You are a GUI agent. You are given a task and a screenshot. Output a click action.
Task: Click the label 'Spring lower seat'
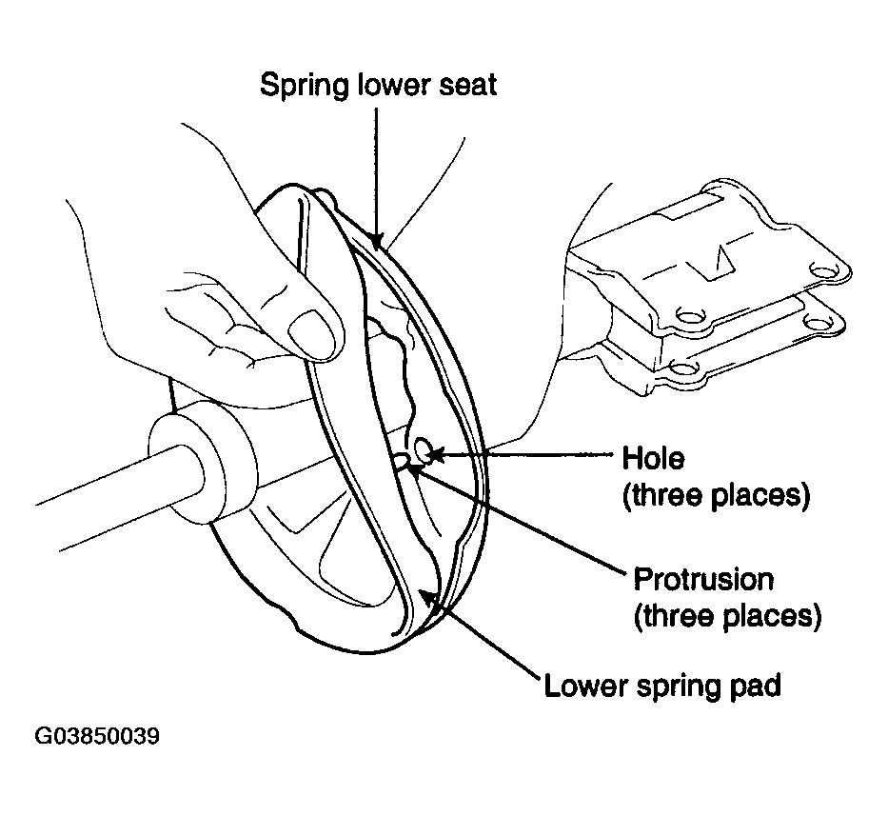click(378, 85)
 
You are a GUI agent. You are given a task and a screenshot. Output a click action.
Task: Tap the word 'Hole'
click(653, 458)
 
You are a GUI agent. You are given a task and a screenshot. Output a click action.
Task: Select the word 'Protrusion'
click(703, 579)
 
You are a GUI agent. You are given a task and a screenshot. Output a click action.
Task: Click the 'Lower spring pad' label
click(662, 686)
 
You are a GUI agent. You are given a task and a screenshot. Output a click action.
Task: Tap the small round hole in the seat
click(423, 450)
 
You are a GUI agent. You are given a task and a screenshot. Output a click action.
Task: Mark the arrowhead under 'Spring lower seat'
click(376, 240)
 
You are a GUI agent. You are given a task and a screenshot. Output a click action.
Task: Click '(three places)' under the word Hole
click(717, 495)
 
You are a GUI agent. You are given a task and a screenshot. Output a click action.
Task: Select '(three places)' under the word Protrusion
click(728, 616)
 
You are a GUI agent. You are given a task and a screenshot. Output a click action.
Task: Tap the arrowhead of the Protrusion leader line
click(415, 467)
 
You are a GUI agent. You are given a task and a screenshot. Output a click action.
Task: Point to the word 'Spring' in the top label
click(305, 86)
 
